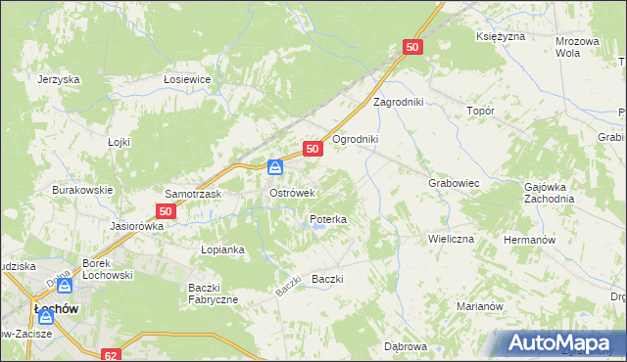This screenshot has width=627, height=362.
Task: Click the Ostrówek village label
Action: [x=291, y=193]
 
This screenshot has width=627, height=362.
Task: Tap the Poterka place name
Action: [x=327, y=220]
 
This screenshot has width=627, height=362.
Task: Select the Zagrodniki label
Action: [x=398, y=101]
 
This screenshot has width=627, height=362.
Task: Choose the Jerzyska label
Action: [x=58, y=80]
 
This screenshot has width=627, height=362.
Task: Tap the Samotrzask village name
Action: [x=193, y=194]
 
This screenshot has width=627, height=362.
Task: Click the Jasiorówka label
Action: [x=137, y=225]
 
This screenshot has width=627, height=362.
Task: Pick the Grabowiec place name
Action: [x=453, y=183]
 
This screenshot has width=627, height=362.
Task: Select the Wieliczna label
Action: [x=451, y=239]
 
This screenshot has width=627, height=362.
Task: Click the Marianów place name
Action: [x=479, y=306]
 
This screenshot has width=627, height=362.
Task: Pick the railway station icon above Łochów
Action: [x=65, y=286]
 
